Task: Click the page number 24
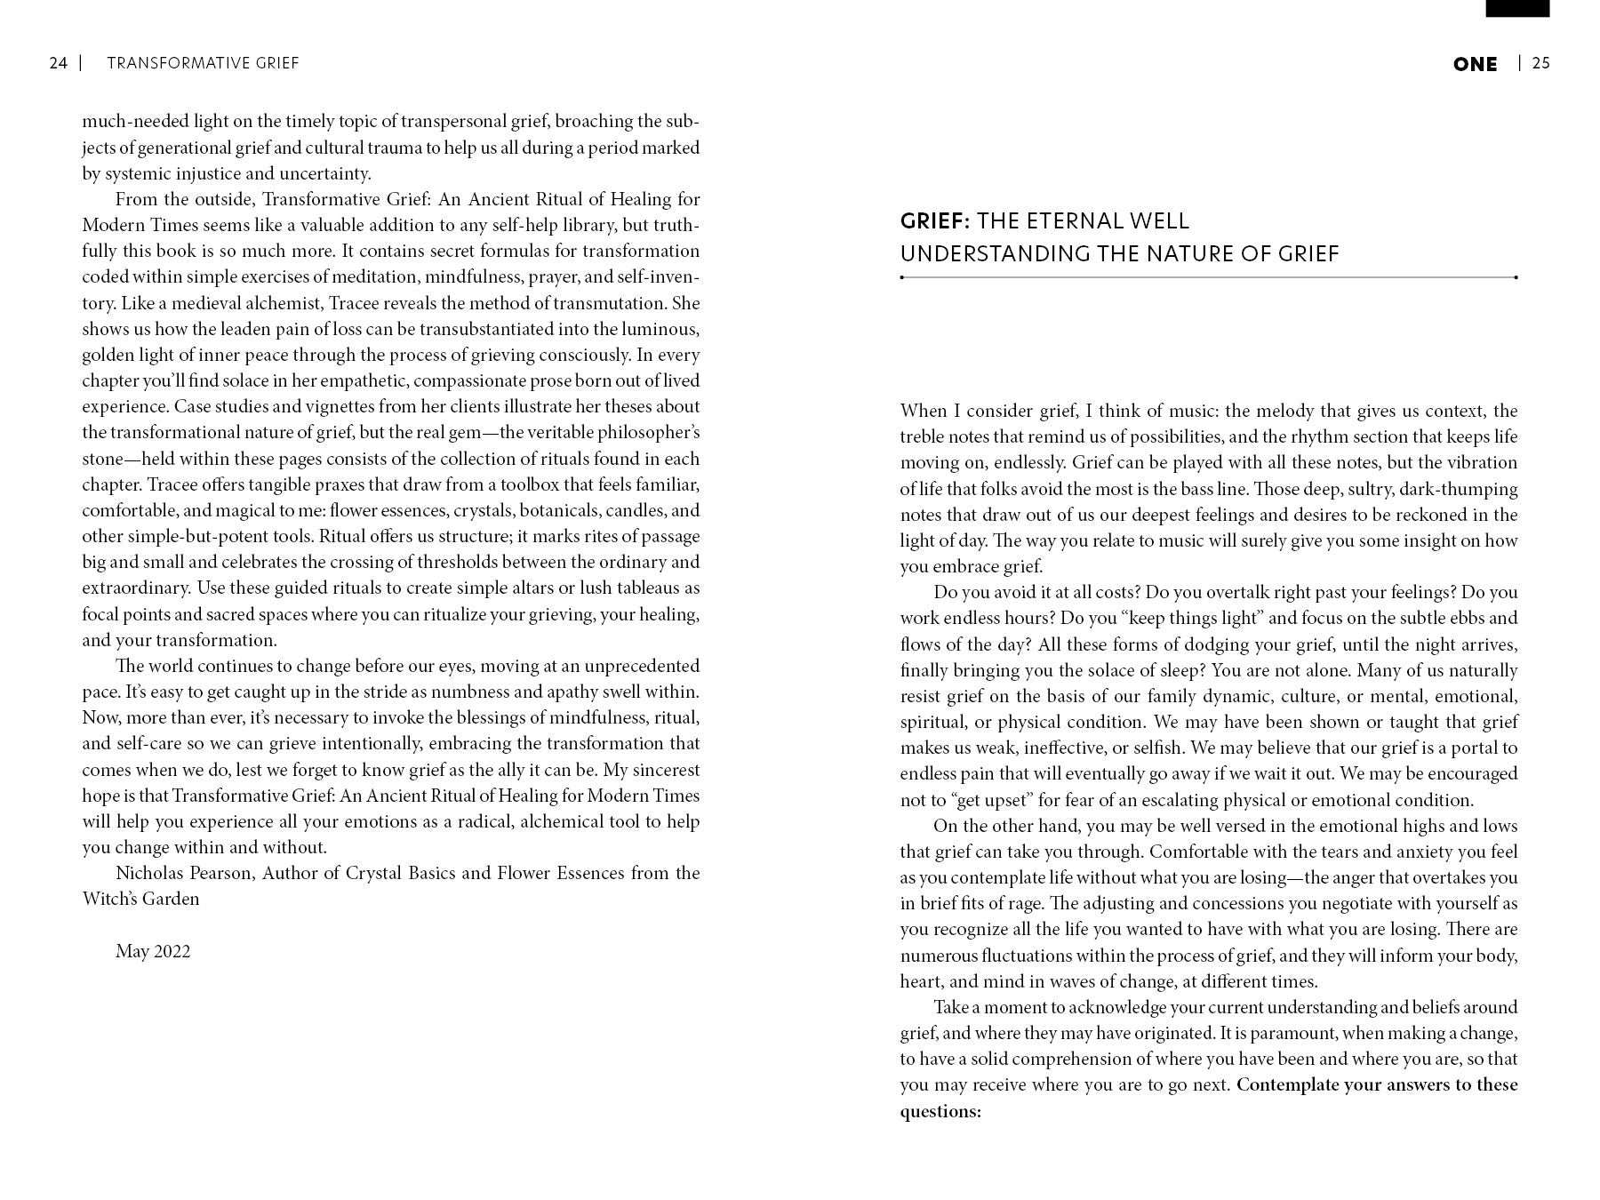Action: click(x=58, y=63)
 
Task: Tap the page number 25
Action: click(x=1541, y=63)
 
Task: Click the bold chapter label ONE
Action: click(x=1475, y=64)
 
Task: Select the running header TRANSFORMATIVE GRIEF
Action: click(x=203, y=63)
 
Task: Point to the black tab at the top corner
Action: click(x=1517, y=8)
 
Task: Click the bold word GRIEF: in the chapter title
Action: click(x=935, y=221)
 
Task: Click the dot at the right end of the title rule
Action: click(x=1516, y=277)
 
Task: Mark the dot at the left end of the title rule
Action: click(x=902, y=277)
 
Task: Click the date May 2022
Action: click(x=153, y=951)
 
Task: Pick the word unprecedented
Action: click(x=642, y=666)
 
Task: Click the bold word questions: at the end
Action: click(x=940, y=1111)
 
